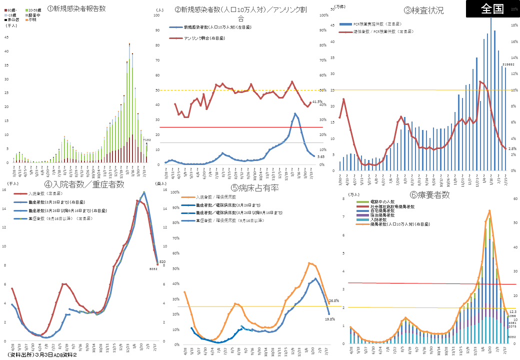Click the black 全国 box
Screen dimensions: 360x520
click(492, 8)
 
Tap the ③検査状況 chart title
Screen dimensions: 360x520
click(424, 10)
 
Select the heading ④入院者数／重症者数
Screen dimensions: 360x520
click(84, 185)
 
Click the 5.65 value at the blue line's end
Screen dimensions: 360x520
click(321, 156)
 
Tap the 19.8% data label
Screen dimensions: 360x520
click(329, 318)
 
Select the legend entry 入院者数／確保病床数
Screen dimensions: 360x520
click(215, 197)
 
